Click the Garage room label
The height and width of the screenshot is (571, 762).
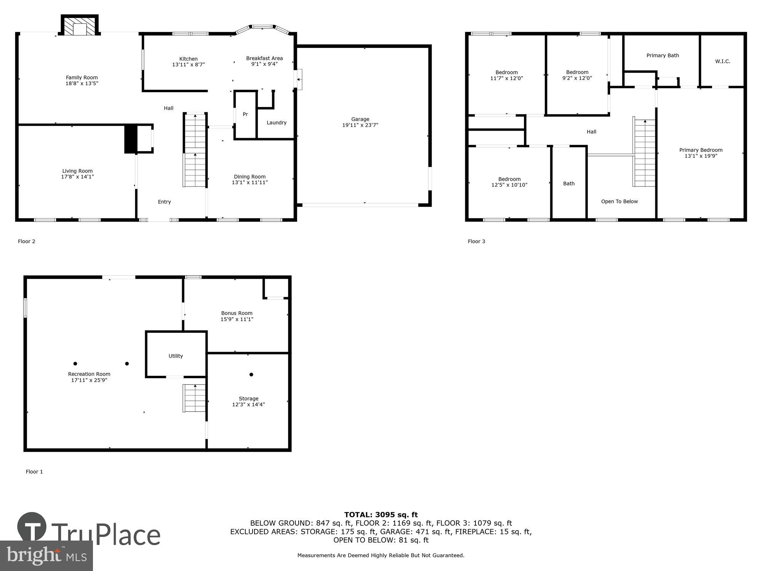tap(360, 119)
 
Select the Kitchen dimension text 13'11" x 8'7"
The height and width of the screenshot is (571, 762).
tap(188, 65)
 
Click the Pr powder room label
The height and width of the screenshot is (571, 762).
tap(245, 114)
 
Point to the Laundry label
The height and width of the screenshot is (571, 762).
tap(276, 123)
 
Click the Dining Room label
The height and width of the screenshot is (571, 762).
tap(250, 177)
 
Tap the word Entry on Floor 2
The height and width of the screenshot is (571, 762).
tap(164, 202)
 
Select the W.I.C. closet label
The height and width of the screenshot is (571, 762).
tap(722, 61)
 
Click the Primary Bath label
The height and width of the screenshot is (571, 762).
tap(663, 56)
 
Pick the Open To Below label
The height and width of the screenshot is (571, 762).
tap(619, 201)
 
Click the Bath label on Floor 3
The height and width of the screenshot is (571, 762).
tap(568, 183)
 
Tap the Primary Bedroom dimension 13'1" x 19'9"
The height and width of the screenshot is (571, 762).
tap(701, 156)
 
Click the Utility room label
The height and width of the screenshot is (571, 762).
tap(176, 356)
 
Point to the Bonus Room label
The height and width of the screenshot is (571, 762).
tap(237, 313)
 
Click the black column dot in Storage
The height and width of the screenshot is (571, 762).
tap(251, 375)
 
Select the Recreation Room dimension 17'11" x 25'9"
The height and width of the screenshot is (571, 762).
tap(89, 380)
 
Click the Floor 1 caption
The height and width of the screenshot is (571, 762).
tap(34, 472)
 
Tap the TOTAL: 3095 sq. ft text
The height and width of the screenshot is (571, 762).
tap(381, 515)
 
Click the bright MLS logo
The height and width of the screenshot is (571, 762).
tap(46, 556)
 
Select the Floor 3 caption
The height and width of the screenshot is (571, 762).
tap(476, 241)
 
